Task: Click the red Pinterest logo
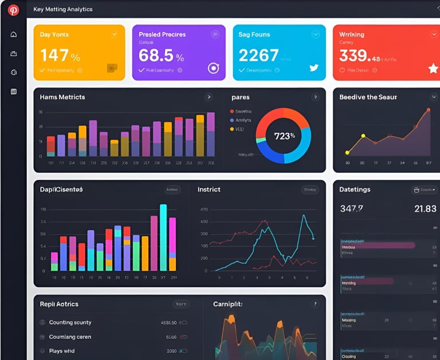click(13, 10)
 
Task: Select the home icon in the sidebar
click(14, 34)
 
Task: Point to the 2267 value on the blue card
click(258, 56)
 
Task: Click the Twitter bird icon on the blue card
click(313, 68)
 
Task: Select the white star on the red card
click(433, 69)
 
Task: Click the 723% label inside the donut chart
click(284, 136)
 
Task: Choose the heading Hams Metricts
click(62, 97)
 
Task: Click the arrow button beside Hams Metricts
click(209, 97)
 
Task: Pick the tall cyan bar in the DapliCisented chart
click(163, 238)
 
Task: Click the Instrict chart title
click(209, 189)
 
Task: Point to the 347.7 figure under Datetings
click(351, 209)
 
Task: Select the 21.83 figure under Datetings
click(425, 209)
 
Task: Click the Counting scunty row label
click(70, 322)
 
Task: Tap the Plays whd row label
click(62, 351)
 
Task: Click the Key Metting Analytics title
click(63, 10)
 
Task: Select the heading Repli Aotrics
click(59, 304)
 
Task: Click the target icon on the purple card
click(213, 68)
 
